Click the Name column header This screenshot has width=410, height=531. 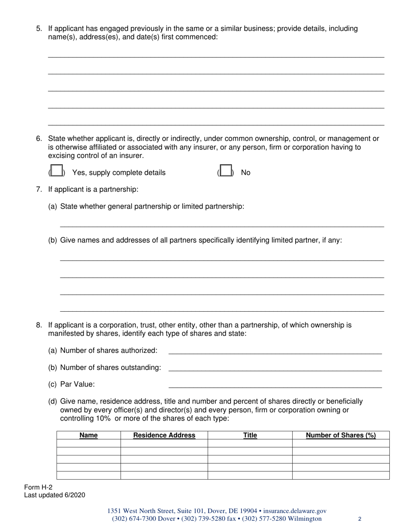click(x=88, y=435)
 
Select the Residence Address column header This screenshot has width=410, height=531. click(x=164, y=435)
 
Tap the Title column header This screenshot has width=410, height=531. click(x=250, y=435)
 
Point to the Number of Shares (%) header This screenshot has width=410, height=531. click(x=341, y=435)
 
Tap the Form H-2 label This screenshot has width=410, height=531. click(x=38, y=487)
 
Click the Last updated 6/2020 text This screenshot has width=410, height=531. click(x=54, y=495)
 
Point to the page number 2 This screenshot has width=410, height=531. click(x=360, y=519)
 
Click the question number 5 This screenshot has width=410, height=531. click(x=39, y=29)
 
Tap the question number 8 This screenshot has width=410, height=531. click(x=39, y=325)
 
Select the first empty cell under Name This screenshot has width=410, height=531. click(x=88, y=443)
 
